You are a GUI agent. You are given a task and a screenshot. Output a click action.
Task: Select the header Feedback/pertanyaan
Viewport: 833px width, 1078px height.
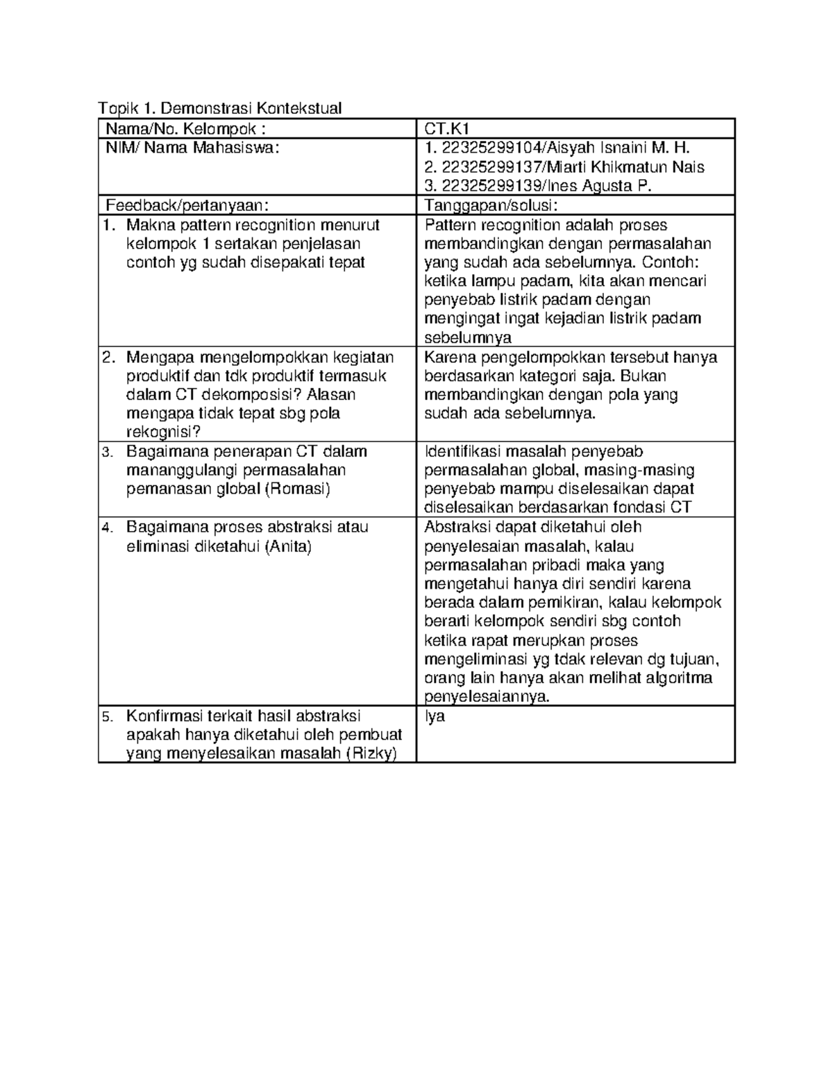tap(185, 205)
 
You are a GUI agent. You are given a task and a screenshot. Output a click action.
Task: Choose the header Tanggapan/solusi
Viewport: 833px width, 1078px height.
tap(491, 205)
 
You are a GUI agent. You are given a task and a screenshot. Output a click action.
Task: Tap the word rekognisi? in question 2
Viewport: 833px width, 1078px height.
tap(163, 432)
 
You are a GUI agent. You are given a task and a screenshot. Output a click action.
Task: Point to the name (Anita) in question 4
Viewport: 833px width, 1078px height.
tap(287, 546)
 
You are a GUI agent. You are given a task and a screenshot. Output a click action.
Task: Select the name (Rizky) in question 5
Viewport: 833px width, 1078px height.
tap(371, 754)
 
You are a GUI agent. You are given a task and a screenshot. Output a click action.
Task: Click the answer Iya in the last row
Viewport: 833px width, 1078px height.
tap(435, 716)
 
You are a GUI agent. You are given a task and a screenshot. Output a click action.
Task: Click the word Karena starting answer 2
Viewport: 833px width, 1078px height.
tap(449, 357)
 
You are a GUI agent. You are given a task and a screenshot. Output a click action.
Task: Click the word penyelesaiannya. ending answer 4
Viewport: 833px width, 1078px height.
tap(487, 697)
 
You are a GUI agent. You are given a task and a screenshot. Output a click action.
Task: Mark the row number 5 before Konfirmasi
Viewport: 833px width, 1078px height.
tap(107, 716)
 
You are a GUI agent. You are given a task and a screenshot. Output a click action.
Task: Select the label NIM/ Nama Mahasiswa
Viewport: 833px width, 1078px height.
tap(192, 148)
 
